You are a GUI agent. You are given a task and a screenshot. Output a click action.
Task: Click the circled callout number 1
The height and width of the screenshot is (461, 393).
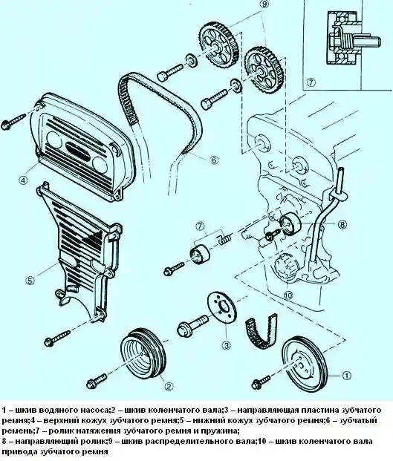pos(346,376)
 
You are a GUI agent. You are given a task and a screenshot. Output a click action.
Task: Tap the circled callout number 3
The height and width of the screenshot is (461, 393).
pos(226,345)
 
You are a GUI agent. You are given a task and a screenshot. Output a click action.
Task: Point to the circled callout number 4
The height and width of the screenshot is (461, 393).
pos(24,180)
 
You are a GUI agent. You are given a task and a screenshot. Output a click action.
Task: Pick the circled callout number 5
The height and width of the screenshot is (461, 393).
pos(30,281)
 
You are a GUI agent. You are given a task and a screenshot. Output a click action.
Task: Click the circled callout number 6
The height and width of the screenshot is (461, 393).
pos(214,160)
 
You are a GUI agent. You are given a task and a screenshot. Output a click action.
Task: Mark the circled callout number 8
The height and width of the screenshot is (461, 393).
pos(342,225)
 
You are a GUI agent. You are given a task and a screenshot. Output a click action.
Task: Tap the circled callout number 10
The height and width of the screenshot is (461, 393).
pos(288,295)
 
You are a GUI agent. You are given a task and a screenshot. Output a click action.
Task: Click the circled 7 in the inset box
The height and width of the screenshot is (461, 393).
pos(311,82)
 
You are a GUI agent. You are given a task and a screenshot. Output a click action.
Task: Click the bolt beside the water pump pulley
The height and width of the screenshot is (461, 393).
pos(261,382)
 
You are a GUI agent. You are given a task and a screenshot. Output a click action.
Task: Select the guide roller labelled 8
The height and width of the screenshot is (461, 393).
pos(290,224)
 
